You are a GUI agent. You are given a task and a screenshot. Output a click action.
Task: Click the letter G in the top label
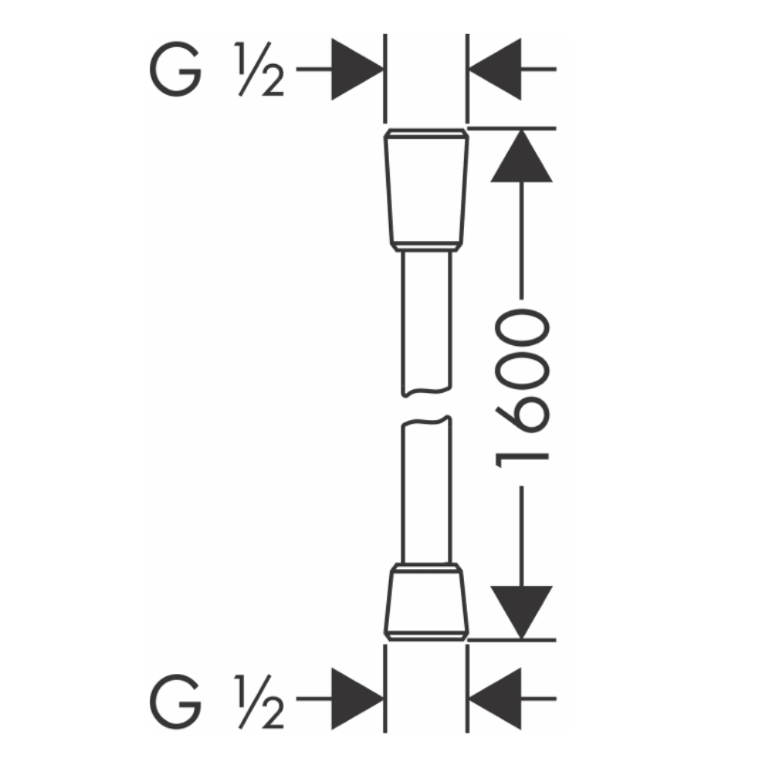point(175,69)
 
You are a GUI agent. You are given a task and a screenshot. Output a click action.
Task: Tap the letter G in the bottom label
point(175,700)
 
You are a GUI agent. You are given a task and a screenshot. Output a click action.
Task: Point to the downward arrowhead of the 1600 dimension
point(522,610)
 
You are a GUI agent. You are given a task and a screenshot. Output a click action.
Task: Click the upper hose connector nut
point(425,189)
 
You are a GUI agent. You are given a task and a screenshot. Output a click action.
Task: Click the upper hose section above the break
point(425,324)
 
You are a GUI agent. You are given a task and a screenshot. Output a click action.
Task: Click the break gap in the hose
point(425,408)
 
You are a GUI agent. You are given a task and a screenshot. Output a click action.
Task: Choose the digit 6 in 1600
point(522,417)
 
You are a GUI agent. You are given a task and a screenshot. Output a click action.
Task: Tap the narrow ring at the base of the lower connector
point(425,635)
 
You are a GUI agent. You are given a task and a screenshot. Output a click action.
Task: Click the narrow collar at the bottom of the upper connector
point(425,247)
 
